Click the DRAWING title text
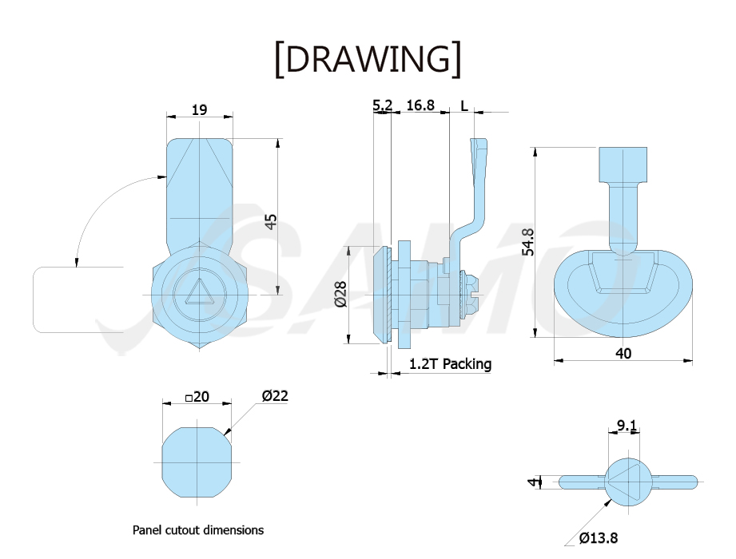pos(368,59)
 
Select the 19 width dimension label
pos(200,109)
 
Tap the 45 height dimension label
pos(271,221)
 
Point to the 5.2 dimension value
pos(382,105)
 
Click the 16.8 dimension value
pos(420,105)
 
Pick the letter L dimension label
pos(463,105)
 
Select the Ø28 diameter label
pos(341,294)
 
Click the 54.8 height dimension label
pos(528,242)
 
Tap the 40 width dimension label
pos(623,354)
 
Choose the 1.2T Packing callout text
pos(450,364)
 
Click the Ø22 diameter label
pos(275,396)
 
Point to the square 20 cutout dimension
pos(197,397)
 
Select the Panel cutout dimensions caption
pos(198,530)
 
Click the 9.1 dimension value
pos(627,426)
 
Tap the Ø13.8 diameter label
pos(598,537)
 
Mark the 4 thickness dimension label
pos(532,482)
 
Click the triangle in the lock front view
pos(199,292)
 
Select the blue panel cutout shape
pos(197,462)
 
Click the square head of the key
pos(623,165)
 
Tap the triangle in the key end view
pos(622,482)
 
